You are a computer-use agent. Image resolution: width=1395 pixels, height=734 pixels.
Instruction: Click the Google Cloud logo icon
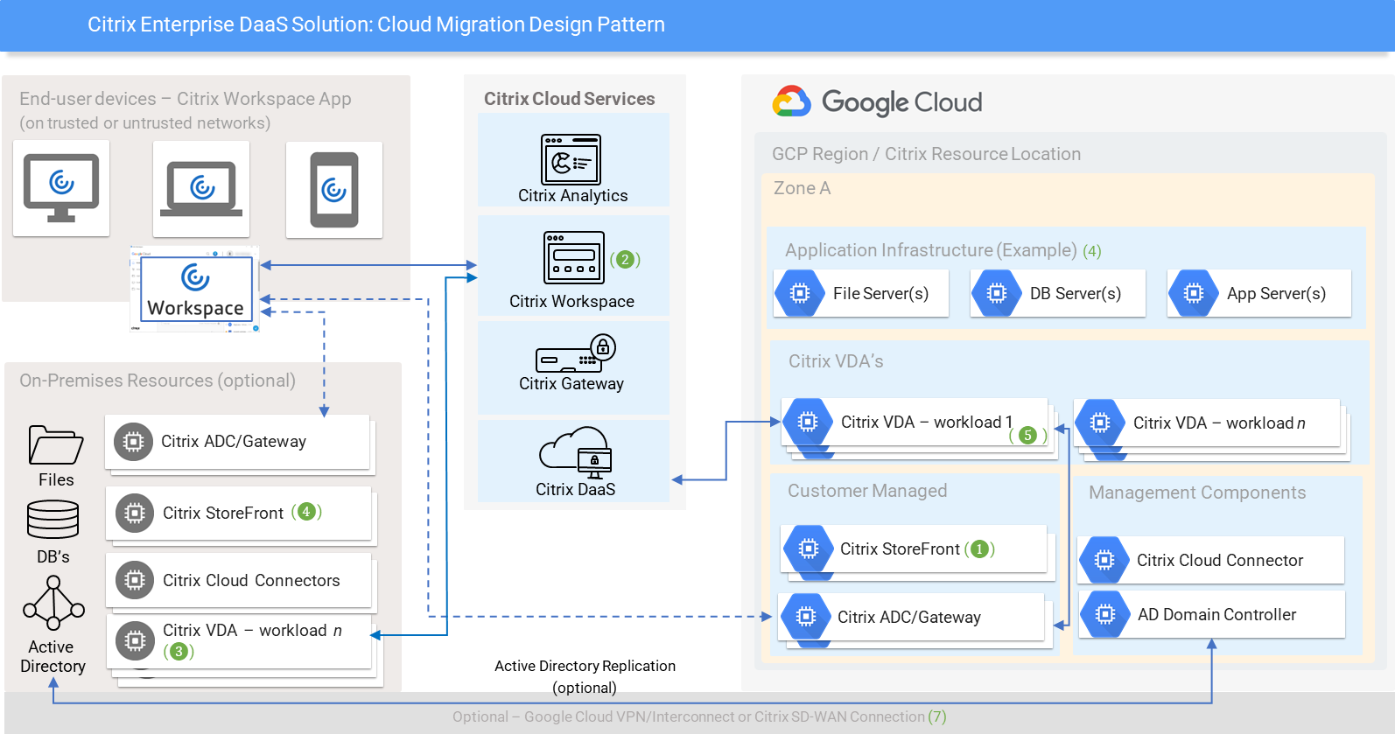point(792,101)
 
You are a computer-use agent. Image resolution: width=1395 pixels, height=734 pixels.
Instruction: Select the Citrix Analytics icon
point(571,159)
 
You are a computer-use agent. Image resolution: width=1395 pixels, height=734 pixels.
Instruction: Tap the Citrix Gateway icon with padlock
point(576,353)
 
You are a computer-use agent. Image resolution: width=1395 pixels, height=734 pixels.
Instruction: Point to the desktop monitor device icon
point(61,187)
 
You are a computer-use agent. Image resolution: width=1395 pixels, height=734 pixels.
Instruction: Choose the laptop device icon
point(201,189)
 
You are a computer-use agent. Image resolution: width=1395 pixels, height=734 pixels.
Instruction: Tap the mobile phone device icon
point(334,190)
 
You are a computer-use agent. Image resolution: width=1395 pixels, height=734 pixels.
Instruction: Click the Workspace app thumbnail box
point(196,290)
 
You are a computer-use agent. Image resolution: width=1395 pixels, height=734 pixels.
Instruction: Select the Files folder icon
point(55,444)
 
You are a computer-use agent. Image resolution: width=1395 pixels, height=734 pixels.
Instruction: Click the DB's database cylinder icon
point(53,520)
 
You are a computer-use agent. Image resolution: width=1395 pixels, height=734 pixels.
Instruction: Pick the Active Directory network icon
point(53,604)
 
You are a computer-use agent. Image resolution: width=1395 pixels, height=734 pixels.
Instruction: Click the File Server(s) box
point(862,293)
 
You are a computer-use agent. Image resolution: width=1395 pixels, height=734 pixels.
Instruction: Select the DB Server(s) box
point(1058,293)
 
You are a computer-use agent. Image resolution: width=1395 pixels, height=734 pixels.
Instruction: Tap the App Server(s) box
point(1259,293)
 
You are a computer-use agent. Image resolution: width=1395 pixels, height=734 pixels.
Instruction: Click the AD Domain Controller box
point(1212,614)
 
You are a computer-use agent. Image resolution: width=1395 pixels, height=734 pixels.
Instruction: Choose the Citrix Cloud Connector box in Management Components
point(1212,560)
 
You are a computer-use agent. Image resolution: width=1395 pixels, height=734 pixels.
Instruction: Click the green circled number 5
point(1028,435)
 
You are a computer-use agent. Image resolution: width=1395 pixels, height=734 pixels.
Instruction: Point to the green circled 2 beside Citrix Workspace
point(625,259)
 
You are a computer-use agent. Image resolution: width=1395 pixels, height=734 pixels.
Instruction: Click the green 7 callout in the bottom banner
point(937,717)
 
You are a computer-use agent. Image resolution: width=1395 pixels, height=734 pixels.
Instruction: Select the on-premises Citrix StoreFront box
point(238,513)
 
